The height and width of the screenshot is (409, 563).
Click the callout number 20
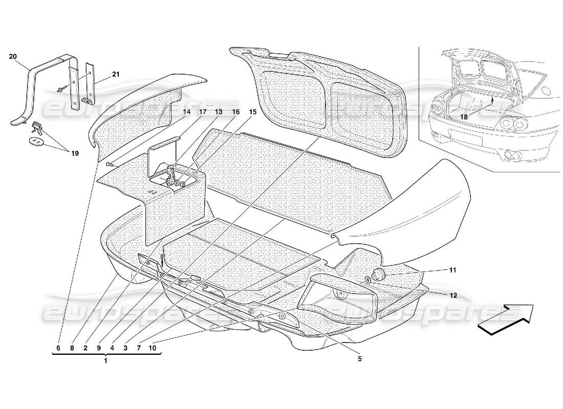13,57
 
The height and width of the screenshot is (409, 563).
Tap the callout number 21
116,75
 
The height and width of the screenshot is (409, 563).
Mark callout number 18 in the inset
464,117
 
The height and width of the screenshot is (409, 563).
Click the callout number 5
359,359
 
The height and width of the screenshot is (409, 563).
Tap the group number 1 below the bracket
106,361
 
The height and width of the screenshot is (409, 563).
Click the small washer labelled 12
369,280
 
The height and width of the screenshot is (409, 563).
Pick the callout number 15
251,111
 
